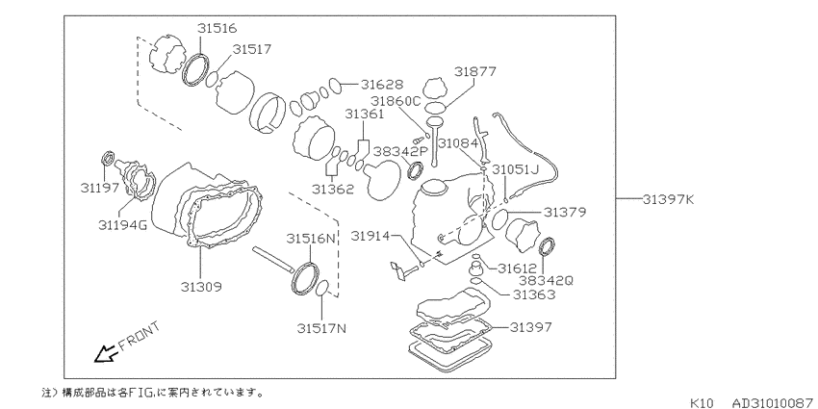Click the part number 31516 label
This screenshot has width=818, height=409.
(217, 28)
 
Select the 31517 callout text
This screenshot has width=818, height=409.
(252, 49)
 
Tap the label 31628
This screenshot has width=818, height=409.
(382, 85)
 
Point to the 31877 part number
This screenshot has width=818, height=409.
(474, 71)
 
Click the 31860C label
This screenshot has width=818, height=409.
(396, 101)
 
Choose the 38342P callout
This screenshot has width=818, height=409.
(400, 152)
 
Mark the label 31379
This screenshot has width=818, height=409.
(565, 213)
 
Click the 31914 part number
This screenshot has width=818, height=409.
(370, 237)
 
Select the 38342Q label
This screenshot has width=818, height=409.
(547, 281)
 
